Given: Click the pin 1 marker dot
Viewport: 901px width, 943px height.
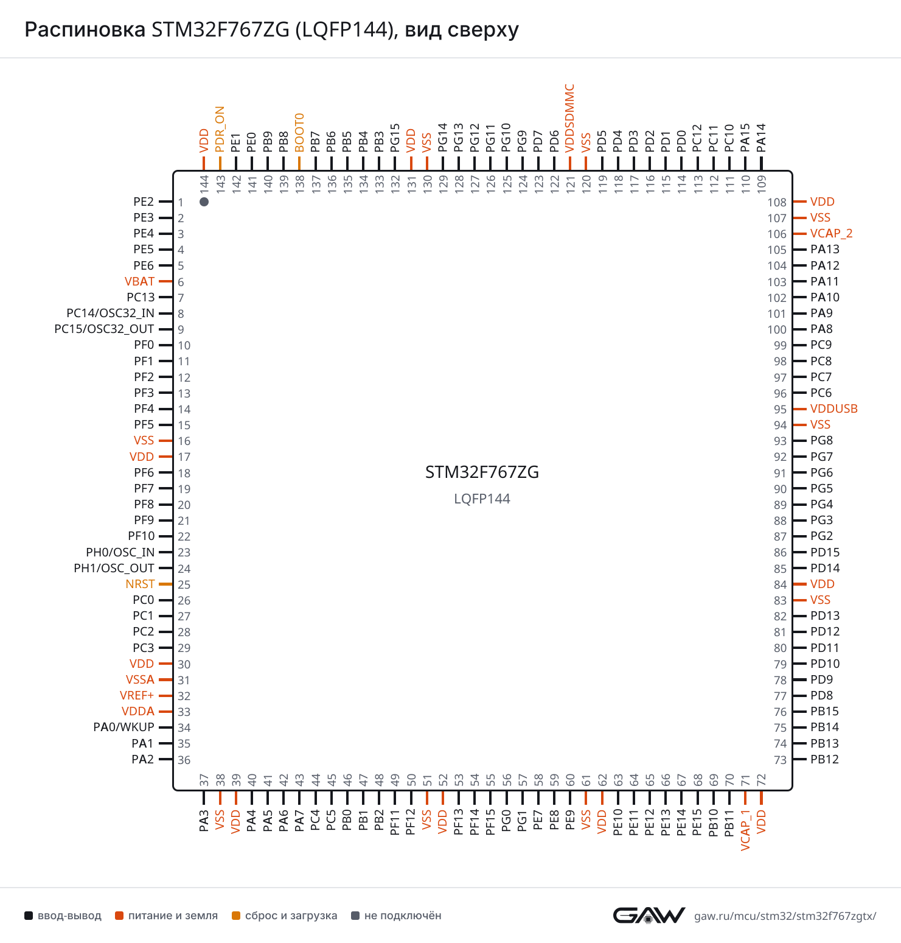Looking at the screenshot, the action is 204,202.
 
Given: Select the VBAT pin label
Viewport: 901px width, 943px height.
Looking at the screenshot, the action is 139,281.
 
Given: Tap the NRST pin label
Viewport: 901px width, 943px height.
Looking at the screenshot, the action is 140,584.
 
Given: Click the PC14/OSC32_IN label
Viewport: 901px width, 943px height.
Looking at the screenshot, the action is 110,313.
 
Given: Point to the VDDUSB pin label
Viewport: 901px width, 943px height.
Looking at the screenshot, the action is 833,408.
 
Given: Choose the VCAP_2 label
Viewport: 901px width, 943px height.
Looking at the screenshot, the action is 831,234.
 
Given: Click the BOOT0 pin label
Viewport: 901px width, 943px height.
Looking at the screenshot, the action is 299,132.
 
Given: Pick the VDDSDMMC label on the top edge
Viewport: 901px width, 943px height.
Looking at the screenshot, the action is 569,118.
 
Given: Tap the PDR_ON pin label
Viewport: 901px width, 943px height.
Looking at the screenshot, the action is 220,129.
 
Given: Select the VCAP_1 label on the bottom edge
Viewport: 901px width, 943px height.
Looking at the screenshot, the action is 745,830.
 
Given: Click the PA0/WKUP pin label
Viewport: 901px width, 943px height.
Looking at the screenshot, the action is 123,727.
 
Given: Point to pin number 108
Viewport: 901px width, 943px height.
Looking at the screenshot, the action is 777,202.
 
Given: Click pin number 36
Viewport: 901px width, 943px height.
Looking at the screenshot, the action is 184,760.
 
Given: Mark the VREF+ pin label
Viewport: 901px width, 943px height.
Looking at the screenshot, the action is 137,695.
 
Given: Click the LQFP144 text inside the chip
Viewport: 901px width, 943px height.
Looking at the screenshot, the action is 482,499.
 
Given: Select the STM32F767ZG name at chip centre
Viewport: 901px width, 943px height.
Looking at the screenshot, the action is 482,472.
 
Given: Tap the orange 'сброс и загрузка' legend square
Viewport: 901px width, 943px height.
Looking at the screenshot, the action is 236,916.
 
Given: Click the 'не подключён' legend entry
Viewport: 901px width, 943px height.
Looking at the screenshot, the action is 396,916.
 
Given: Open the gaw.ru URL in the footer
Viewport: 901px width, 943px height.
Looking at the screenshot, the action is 785,916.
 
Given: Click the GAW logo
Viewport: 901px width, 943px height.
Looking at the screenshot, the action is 649,915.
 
